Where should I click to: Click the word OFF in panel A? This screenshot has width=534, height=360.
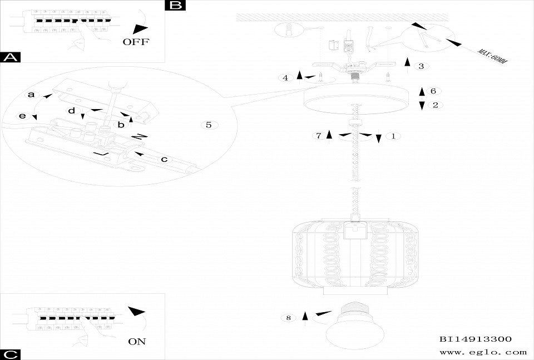point(136,42)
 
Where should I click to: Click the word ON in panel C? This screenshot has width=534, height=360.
point(137,341)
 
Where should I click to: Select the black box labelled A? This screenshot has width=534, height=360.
point(11,57)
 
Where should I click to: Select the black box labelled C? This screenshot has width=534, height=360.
point(11,354)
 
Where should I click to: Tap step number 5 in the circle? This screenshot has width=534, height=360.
point(209,125)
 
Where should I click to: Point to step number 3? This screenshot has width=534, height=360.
point(421,66)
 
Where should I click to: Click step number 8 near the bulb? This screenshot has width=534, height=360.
point(288,318)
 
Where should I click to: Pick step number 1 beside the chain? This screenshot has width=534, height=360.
point(393,136)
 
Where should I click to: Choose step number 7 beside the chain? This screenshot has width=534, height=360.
point(319,136)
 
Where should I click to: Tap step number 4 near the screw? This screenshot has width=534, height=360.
point(285,78)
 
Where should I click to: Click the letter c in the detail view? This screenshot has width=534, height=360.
point(164,160)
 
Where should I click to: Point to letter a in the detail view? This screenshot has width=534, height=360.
point(32,95)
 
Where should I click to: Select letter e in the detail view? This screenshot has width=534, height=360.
point(23,116)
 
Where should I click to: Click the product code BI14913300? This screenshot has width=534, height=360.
point(475,338)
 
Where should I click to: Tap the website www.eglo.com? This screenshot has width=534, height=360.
point(483,352)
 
